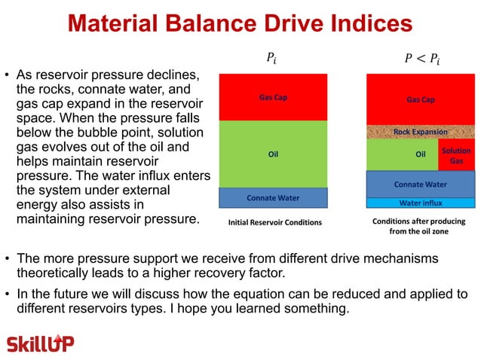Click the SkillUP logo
[x=41, y=343]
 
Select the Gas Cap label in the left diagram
[x=272, y=97]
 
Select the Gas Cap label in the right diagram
[x=420, y=99]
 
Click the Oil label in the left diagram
[x=274, y=155]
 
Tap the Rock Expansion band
[x=420, y=132]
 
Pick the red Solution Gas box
[x=456, y=155]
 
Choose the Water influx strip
[x=420, y=203]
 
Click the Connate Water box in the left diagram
[x=273, y=197]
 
